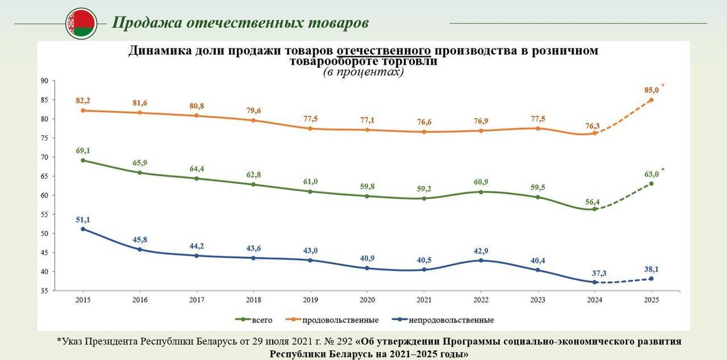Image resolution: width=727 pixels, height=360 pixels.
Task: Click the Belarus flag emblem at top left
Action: coord(81,24)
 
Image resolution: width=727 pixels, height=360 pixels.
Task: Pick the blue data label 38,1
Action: coord(651,269)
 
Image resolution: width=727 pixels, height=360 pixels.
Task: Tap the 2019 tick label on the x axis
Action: coord(310,300)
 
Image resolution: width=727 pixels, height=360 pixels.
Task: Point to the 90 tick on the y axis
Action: coord(44,81)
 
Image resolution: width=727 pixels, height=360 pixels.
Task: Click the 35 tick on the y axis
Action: coord(44,292)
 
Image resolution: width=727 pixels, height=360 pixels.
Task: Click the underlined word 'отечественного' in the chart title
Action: coord(383,51)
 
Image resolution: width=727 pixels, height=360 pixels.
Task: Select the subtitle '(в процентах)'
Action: coord(363,72)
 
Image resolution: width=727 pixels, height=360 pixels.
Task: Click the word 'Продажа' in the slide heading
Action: coord(144,23)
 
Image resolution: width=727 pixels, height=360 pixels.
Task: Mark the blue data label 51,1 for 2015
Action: coord(83,219)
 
